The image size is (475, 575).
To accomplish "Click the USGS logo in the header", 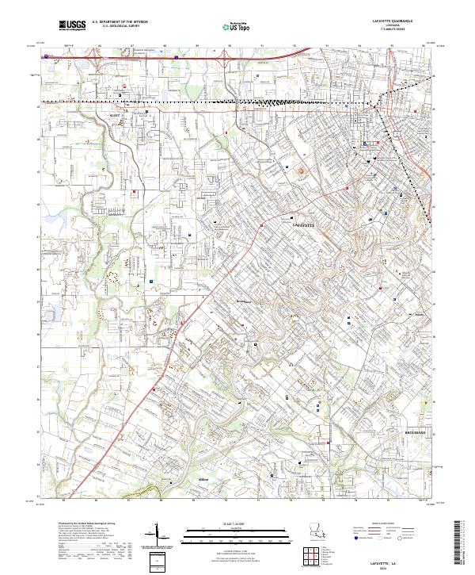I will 72,26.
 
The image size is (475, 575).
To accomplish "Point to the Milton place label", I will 181,480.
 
